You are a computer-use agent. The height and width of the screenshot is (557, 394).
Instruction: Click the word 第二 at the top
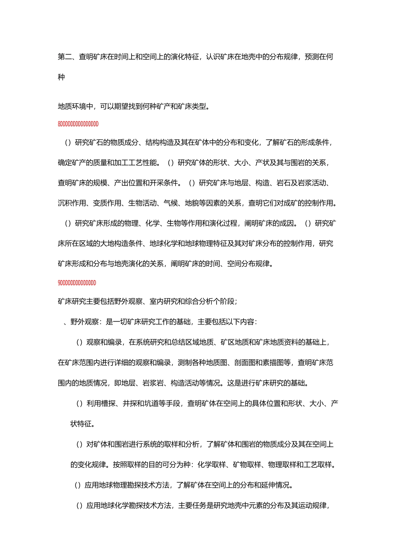[65, 57]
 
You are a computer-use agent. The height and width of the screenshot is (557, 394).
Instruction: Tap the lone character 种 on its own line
[61, 77]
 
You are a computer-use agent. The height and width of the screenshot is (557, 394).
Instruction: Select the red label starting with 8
[78, 124]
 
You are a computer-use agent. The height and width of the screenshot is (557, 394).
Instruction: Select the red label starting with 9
[77, 283]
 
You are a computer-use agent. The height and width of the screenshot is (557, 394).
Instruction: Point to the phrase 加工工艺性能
[136, 162]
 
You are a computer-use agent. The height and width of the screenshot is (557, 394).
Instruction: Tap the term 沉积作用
[72, 203]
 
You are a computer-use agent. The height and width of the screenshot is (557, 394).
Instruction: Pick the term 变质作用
[107, 203]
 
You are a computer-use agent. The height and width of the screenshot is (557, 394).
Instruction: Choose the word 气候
[170, 203]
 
